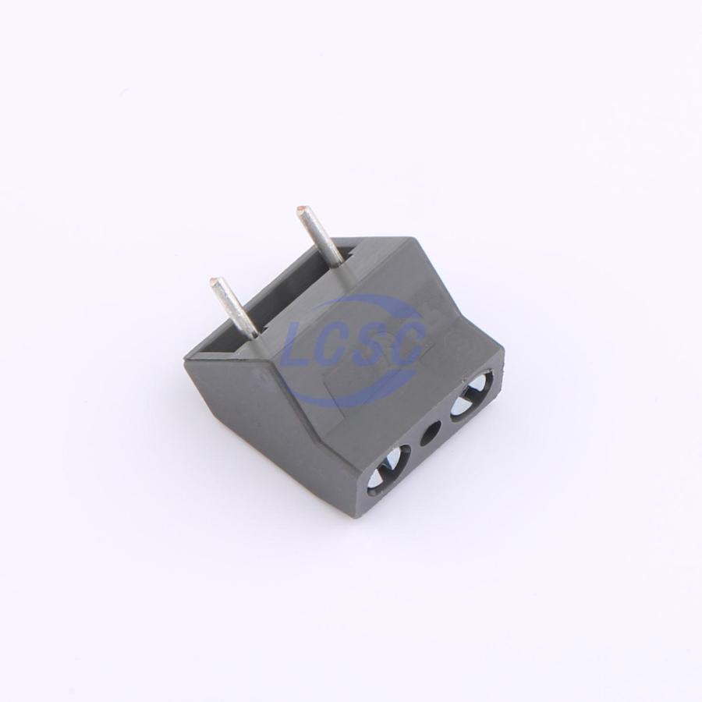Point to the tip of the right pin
point(301,210)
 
